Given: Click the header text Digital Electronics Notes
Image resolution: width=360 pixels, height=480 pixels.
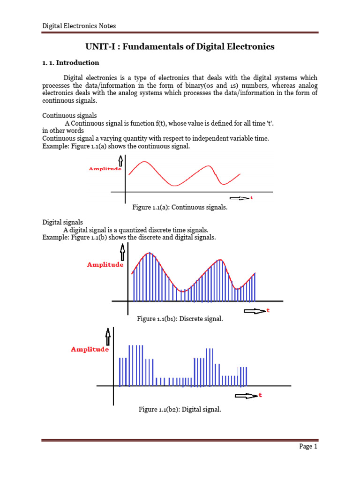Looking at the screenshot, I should click(x=79, y=26).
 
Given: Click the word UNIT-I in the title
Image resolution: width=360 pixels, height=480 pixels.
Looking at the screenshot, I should click(x=100, y=46).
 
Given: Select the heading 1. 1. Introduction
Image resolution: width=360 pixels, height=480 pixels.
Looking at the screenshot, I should click(x=71, y=63).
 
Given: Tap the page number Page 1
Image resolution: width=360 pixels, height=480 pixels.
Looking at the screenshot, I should click(x=308, y=447).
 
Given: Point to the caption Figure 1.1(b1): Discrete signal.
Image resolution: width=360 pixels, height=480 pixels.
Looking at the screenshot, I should click(x=180, y=319).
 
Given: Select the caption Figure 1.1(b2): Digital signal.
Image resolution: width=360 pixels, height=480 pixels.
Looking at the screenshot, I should click(x=180, y=410).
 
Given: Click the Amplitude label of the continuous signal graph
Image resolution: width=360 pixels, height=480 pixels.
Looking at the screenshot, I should click(x=105, y=169).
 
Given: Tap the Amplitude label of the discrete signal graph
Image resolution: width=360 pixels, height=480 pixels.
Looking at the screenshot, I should click(x=105, y=265).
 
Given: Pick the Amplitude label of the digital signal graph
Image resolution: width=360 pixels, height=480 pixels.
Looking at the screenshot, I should click(x=90, y=349).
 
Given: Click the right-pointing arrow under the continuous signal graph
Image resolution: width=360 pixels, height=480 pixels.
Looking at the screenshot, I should click(x=239, y=198).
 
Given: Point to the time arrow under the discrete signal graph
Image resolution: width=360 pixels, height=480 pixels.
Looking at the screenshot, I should click(x=254, y=311).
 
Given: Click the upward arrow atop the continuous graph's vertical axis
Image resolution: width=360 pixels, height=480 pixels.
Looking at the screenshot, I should click(x=120, y=161).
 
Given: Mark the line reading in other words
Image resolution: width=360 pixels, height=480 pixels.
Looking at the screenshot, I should click(x=63, y=130).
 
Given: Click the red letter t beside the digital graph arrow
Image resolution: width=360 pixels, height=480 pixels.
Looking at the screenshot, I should click(x=260, y=396).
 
